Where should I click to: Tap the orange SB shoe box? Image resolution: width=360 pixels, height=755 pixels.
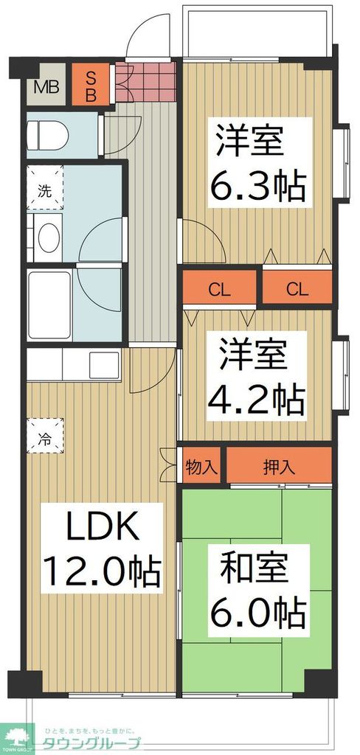92,86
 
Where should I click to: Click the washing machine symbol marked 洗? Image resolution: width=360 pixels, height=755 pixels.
45,190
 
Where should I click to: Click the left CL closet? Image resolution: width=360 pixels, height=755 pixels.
219,288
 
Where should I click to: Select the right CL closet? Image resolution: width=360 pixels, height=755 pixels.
296,288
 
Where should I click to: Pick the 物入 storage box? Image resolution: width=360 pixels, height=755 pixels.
201,466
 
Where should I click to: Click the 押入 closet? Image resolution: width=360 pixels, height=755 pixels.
279,466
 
